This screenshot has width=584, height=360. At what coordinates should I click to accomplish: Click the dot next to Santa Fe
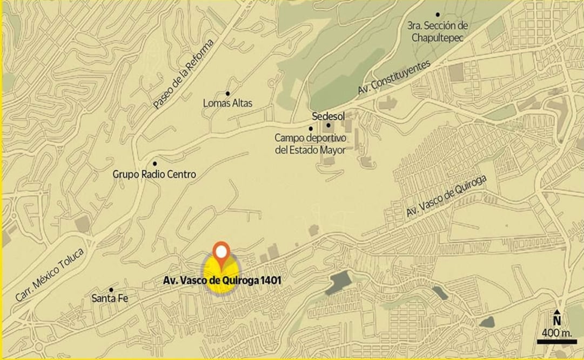point(111,290)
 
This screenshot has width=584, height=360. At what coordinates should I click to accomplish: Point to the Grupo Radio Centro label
point(154,175)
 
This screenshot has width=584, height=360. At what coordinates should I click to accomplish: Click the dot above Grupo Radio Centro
point(155,163)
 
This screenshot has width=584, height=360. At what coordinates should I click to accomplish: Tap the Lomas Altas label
point(227,103)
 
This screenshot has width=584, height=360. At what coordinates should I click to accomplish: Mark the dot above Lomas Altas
point(228,94)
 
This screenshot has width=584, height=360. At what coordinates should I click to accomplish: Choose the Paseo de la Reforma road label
point(184,74)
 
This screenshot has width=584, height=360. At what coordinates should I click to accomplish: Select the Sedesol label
point(328,116)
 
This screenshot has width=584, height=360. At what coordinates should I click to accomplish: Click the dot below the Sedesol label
point(328,125)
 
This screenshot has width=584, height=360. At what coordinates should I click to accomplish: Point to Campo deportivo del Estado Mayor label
point(310,144)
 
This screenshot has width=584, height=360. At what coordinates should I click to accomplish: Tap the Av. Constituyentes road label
point(394,79)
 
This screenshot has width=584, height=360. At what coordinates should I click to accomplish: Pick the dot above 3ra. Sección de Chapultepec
point(438,15)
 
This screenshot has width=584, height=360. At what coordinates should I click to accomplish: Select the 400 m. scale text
point(556,331)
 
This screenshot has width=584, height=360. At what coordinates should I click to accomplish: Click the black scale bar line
point(556,341)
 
